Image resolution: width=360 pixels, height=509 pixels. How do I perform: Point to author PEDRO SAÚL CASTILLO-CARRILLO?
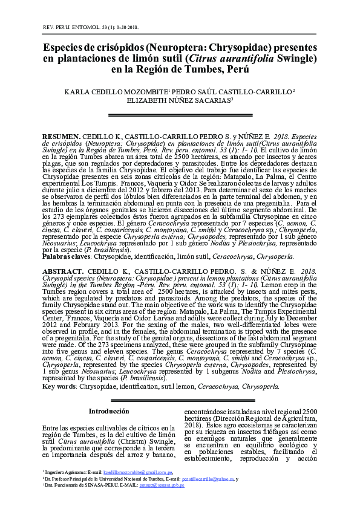pyautogui.click(x=233, y=91)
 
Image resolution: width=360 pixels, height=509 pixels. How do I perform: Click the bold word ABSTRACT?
pyautogui.click(x=63, y=273)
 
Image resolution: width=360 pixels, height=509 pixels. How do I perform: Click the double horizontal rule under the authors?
pyautogui.click(x=179, y=114)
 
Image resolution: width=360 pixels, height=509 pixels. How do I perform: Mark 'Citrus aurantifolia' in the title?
pyautogui.click(x=230, y=59)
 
